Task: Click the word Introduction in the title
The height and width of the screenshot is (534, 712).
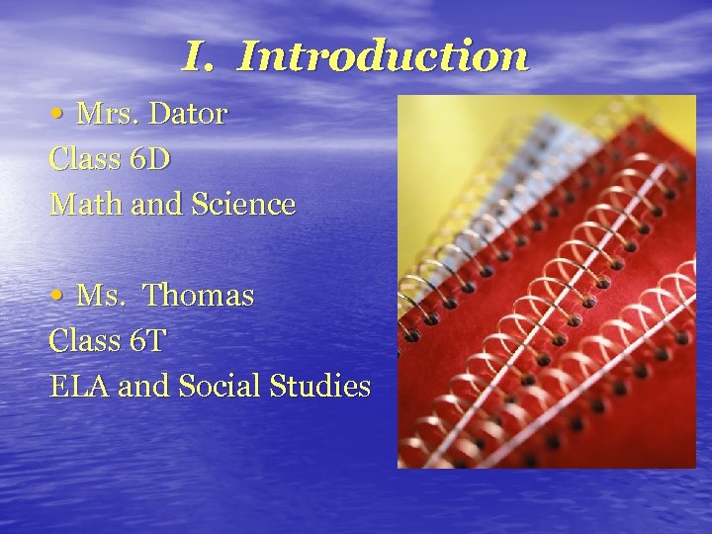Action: (x=384, y=55)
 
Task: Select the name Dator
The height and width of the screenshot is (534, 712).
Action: (x=187, y=114)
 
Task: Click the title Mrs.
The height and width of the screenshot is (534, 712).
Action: (x=107, y=114)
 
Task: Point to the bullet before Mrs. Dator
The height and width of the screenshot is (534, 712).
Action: (x=57, y=115)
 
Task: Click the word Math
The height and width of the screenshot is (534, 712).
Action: (x=80, y=205)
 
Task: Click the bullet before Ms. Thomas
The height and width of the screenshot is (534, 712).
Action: (x=57, y=296)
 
